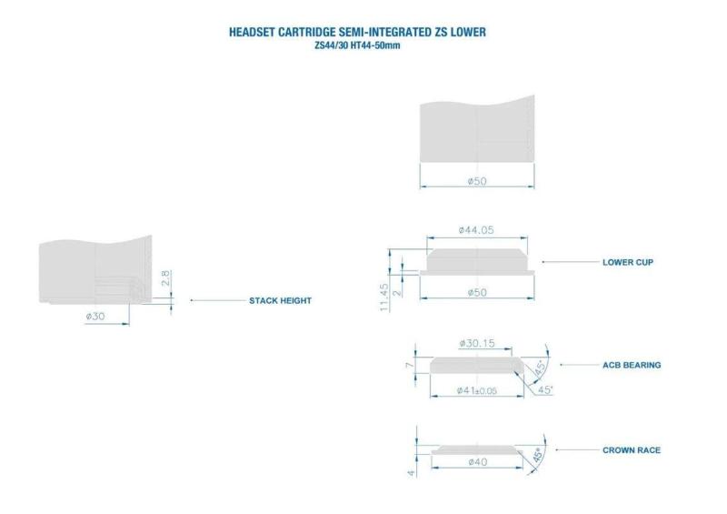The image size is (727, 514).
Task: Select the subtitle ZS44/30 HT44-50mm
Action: coord(357,45)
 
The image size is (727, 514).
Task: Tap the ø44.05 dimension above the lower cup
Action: coord(476,230)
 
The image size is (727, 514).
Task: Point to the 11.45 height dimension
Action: coord(383,297)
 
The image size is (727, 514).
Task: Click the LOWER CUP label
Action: coord(628,262)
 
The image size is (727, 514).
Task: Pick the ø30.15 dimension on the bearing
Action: coord(476,343)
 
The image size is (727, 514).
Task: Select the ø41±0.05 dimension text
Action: coord(476,390)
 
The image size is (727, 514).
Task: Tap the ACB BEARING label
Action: coord(632,365)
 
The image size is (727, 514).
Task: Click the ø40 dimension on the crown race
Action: coord(478,462)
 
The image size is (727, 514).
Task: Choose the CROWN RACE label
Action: coord(632,450)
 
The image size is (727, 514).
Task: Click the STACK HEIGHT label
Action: coord(280,300)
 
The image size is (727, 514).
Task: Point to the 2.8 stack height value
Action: coord(166,278)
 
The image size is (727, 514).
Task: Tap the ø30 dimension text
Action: coord(95,317)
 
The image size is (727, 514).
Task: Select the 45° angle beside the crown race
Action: coord(538,455)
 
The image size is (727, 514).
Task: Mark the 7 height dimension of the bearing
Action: coord(410,366)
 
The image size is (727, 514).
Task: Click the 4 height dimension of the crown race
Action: coord(412,473)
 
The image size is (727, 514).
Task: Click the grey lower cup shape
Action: coord(477,262)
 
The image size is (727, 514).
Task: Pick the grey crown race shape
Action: coord(477,450)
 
